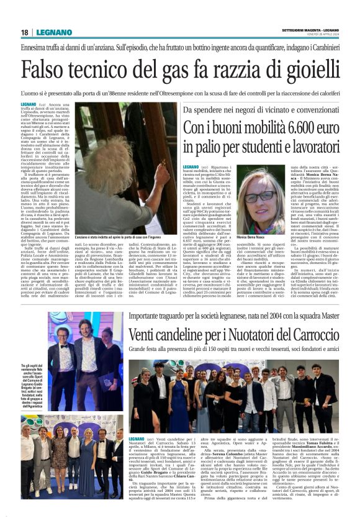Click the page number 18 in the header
[x=24, y=32]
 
